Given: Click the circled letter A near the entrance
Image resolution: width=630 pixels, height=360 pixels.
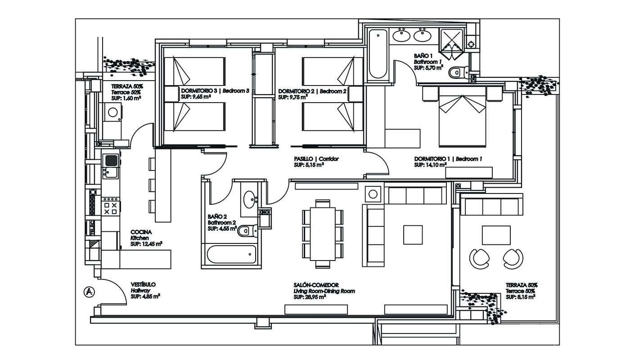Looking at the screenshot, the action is pyautogui.click(x=90, y=292).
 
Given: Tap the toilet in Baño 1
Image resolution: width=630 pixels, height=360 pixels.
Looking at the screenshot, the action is pyautogui.click(x=459, y=72).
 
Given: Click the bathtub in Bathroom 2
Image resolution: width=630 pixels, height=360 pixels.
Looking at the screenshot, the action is pyautogui.click(x=231, y=254).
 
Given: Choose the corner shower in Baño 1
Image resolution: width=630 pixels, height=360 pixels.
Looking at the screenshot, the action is pyautogui.click(x=451, y=44).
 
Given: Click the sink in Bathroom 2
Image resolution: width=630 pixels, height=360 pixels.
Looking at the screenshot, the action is pyautogui.click(x=249, y=199).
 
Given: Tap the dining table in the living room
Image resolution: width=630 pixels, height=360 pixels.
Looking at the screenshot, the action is pyautogui.click(x=323, y=234).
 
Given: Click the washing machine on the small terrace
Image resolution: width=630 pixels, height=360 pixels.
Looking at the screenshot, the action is pyautogui.click(x=112, y=112).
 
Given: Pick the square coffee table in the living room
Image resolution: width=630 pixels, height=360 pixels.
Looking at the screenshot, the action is pyautogui.click(x=413, y=235).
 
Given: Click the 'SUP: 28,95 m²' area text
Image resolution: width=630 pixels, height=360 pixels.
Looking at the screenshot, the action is pyautogui.click(x=310, y=297).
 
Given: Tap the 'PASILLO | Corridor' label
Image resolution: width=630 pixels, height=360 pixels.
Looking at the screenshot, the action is pyautogui.click(x=316, y=159).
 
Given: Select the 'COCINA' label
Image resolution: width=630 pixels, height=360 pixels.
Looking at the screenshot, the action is pyautogui.click(x=141, y=232).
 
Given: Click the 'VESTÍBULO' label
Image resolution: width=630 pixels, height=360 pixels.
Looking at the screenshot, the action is pyautogui.click(x=143, y=284).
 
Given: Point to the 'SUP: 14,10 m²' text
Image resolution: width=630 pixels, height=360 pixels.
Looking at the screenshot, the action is pyautogui.click(x=430, y=165).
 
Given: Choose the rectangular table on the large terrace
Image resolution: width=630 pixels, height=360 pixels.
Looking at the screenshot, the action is pyautogui.click(x=496, y=235).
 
